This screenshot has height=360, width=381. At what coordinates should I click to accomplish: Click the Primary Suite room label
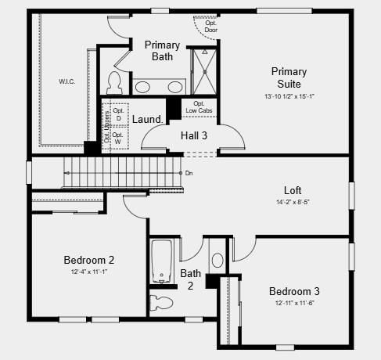pyautogui.click(x=289, y=77)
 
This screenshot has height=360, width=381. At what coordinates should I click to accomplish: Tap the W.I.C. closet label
pyautogui.click(x=67, y=81)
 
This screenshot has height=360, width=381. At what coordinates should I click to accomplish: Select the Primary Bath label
pyautogui.click(x=163, y=51)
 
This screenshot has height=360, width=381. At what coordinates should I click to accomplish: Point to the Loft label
pyautogui.click(x=293, y=190)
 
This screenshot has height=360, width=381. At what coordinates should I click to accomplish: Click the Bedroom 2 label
pyautogui.click(x=89, y=260)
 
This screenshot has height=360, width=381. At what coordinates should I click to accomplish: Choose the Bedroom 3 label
pyautogui.click(x=294, y=291)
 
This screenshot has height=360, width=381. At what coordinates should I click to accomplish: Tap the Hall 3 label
pyautogui.click(x=194, y=135)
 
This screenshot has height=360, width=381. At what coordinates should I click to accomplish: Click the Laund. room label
pyautogui.click(x=147, y=119)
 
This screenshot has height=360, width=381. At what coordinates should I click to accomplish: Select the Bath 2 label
pyautogui.click(x=191, y=279)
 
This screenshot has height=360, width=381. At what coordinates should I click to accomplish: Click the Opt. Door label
pyautogui.click(x=211, y=26)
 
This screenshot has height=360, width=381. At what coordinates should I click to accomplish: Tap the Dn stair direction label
pyautogui.click(x=189, y=173)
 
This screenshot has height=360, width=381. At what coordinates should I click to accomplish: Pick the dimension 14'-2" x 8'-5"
pyautogui.click(x=293, y=202)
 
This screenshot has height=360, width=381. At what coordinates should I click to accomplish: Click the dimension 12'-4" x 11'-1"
pyautogui.click(x=89, y=272)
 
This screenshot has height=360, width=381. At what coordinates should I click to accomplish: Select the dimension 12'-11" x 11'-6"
pyautogui.click(x=294, y=303)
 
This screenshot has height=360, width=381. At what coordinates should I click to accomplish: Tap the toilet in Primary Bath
pyautogui.click(x=115, y=81)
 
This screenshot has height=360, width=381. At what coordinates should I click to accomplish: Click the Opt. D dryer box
pyautogui.click(x=118, y=114)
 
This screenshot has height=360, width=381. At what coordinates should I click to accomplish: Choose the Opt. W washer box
pyautogui.click(x=118, y=138)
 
